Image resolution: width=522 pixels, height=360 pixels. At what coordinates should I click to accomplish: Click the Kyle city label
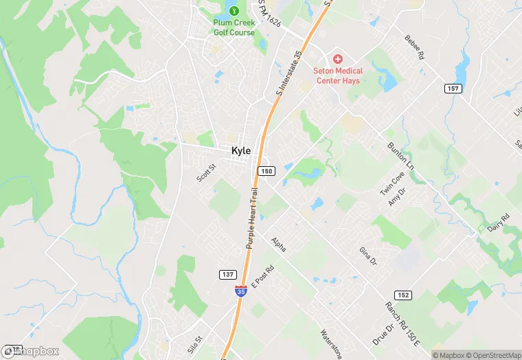[x=241, y=151]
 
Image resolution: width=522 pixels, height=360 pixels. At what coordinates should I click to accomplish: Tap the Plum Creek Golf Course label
[x=234, y=27]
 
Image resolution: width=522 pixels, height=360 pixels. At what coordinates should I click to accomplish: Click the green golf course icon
[x=234, y=11]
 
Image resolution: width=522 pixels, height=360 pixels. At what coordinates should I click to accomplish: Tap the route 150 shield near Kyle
[x=266, y=170]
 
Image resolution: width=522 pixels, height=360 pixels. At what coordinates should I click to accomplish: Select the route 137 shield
[x=229, y=274]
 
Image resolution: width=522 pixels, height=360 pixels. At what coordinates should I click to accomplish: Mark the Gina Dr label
[x=368, y=256]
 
